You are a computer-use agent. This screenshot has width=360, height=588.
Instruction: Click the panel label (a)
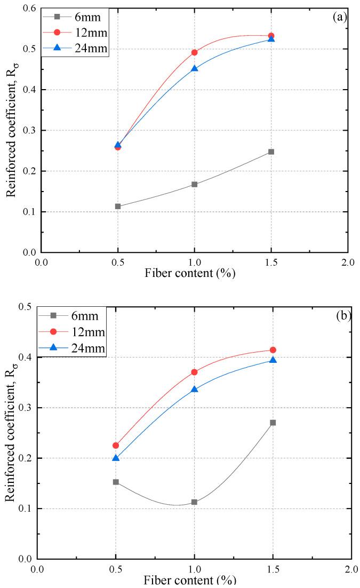point(339,17)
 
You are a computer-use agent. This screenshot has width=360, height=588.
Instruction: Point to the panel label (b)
point(342,315)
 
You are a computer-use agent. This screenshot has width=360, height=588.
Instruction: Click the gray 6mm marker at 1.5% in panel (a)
point(271,152)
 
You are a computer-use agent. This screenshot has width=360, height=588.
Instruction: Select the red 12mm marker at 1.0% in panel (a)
point(194,52)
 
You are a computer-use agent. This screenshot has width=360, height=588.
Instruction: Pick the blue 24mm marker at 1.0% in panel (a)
point(194,69)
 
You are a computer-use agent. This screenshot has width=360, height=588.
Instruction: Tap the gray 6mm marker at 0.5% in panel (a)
point(118,206)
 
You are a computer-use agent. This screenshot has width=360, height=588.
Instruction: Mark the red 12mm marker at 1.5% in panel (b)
point(273,350)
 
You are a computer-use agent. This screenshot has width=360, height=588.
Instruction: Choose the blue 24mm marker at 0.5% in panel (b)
point(116,458)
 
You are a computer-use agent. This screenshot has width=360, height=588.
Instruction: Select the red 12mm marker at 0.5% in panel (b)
point(116,446)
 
